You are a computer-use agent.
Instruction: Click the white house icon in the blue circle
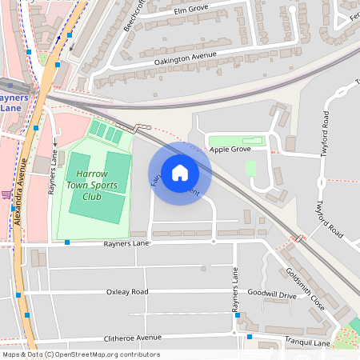(179, 173)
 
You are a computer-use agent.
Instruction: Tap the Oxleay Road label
(127, 292)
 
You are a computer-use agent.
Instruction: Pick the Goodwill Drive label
(272, 295)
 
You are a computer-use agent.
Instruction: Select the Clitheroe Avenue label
(120, 338)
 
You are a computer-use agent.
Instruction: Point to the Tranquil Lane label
(307, 342)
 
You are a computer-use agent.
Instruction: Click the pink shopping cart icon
(6, 194)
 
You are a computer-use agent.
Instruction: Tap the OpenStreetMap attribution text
(80, 354)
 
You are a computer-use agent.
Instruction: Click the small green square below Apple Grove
(250, 169)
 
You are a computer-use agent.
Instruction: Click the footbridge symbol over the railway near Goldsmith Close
(299, 237)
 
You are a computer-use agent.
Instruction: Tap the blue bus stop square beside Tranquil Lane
(250, 337)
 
